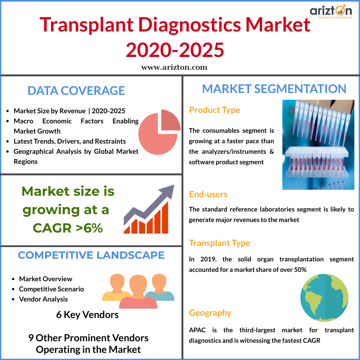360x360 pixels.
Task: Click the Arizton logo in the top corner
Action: (x=331, y=12)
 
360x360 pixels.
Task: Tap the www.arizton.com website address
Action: (x=174, y=67)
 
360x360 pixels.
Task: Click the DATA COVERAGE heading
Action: (x=76, y=90)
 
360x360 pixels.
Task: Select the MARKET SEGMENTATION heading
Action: (x=274, y=88)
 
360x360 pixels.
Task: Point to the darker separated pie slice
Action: (x=169, y=120)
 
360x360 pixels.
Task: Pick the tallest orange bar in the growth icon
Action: (x=165, y=217)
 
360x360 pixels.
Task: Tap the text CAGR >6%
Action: (x=68, y=228)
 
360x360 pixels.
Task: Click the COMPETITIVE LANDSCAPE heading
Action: (x=91, y=255)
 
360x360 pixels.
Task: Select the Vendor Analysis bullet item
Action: (x=43, y=299)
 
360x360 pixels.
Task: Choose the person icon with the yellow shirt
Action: (x=117, y=287)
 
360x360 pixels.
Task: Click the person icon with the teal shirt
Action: (x=159, y=287)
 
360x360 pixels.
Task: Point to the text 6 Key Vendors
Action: (x=87, y=315)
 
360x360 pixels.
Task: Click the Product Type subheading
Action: (x=214, y=110)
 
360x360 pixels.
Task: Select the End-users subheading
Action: (x=208, y=194)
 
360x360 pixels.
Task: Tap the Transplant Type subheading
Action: (x=219, y=243)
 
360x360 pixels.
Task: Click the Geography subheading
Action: (x=210, y=313)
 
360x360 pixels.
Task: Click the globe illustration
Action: (x=324, y=297)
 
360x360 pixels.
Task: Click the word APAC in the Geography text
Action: (x=197, y=330)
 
